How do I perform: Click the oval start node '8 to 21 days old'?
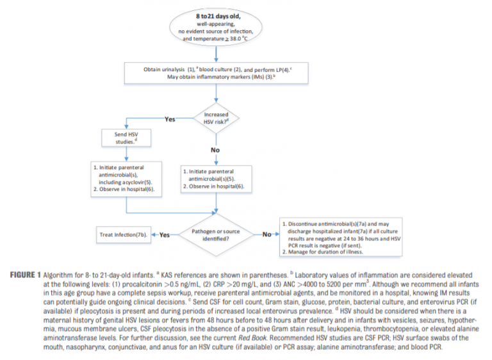[x=215, y=26]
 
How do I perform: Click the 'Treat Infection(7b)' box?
[x=123, y=234]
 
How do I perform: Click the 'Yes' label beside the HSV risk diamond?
[x=169, y=119]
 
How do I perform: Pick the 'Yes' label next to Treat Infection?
[x=164, y=235]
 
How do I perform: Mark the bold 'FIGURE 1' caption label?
[x=31, y=275]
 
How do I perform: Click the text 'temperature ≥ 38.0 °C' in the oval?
[x=215, y=38]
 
